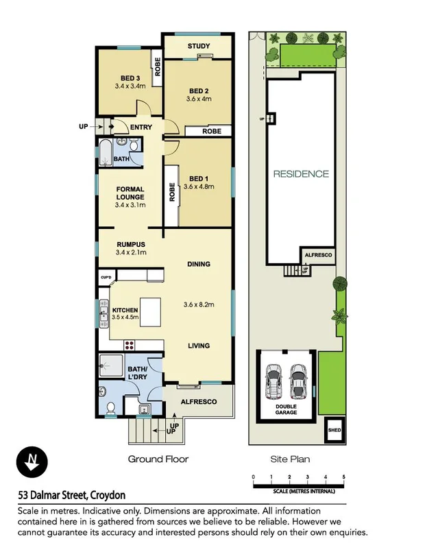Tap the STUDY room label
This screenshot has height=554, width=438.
(199, 47)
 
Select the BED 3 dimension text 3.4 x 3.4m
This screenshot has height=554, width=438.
(130, 86)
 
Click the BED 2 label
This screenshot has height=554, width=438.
(199, 91)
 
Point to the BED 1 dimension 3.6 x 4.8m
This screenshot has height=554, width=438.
(199, 186)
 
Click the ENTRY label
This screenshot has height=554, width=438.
(141, 127)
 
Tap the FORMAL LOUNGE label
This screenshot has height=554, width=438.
(130, 193)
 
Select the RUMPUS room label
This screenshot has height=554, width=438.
(130, 243)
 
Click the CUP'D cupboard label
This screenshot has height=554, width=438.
(106, 277)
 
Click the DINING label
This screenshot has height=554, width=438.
(199, 264)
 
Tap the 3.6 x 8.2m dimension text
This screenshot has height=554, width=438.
(199, 304)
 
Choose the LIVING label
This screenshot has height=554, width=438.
(199, 346)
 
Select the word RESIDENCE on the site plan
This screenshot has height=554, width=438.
(301, 174)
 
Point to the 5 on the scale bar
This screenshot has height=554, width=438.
(344, 477)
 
